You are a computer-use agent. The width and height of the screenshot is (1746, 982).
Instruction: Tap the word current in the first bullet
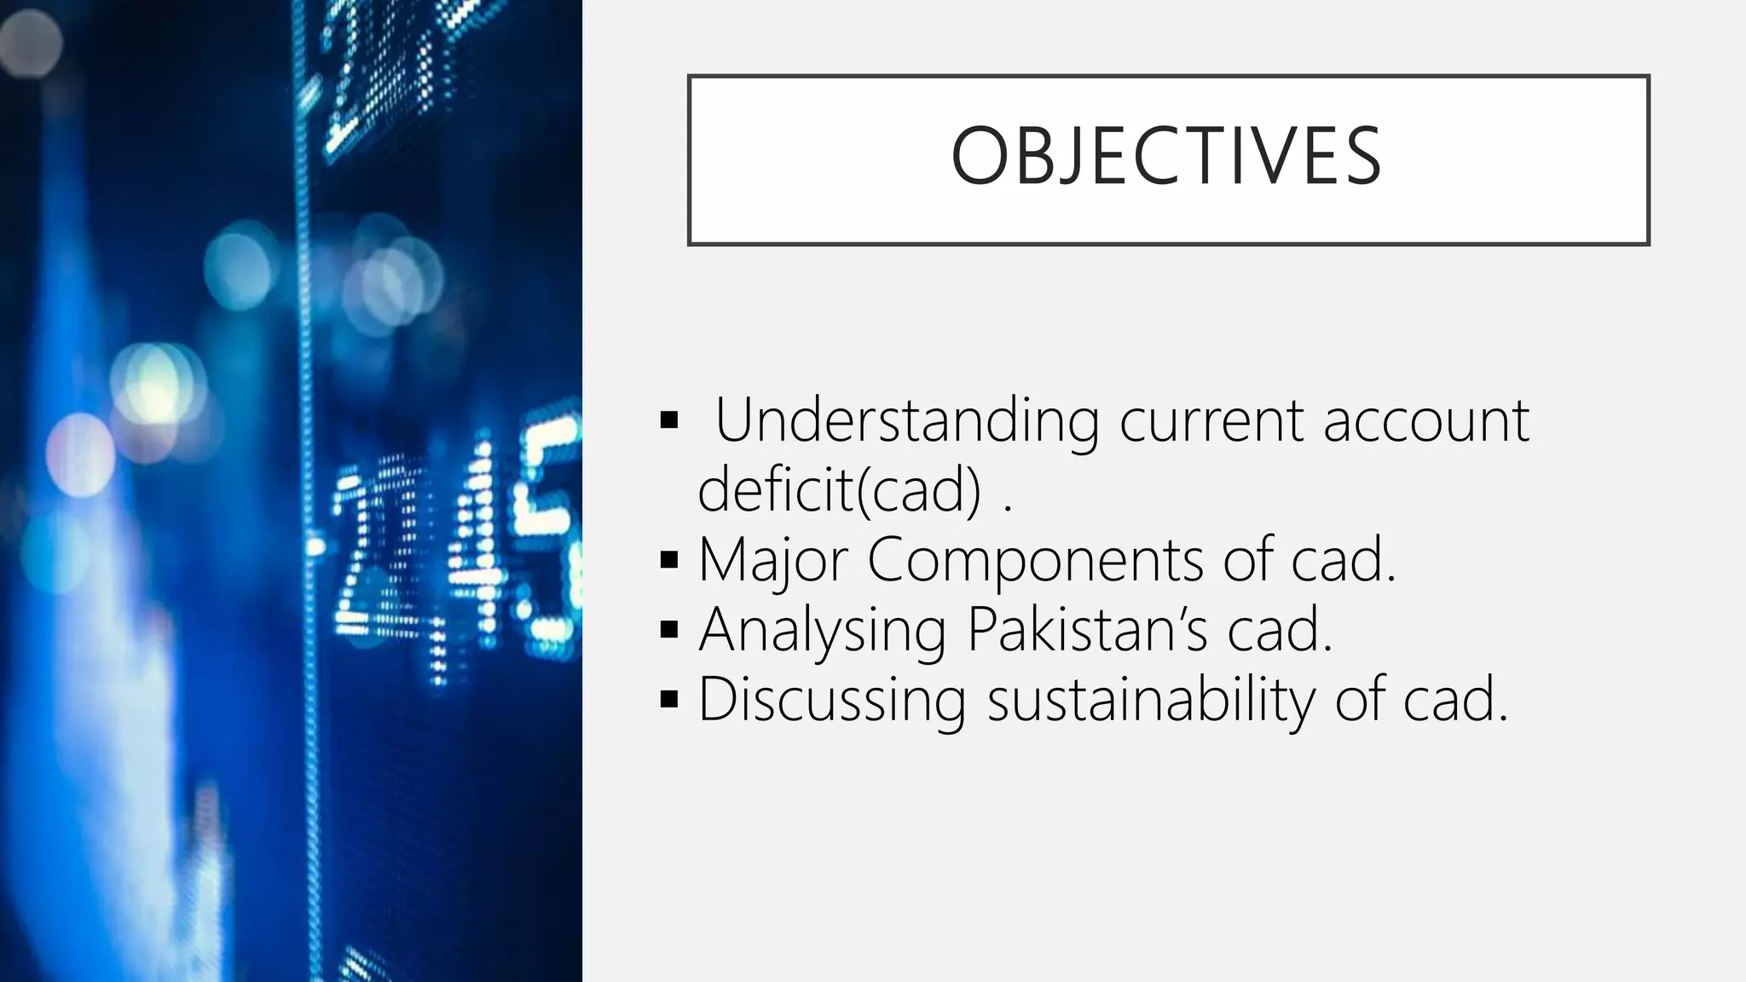(x=1211, y=420)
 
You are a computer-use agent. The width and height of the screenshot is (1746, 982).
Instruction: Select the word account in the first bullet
(x=1426, y=420)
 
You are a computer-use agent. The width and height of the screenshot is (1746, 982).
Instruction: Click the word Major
(x=772, y=560)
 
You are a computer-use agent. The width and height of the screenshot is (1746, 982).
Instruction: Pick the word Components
(x=1035, y=560)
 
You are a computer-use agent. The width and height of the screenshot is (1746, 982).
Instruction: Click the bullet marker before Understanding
(x=669, y=420)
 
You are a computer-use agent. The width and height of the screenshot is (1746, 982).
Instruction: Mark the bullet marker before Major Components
(x=669, y=560)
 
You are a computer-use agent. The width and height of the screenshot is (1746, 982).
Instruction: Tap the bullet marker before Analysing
(x=669, y=630)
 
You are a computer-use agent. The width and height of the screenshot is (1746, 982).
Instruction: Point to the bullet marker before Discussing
(x=669, y=700)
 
